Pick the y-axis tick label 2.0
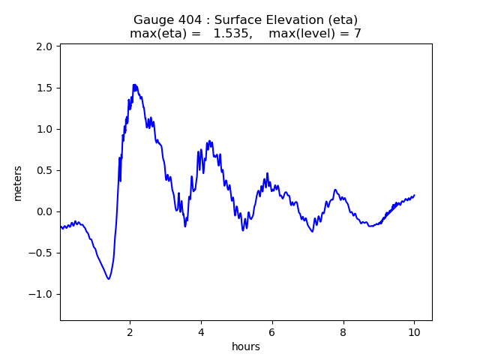pos(44,46)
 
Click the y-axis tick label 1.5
pos(44,88)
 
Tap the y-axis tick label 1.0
pos(44,129)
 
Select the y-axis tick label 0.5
pos(44,170)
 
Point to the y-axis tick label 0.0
pos(44,211)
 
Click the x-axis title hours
pos(246,346)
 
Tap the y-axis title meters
pos(17,183)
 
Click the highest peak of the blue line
pos(134,85)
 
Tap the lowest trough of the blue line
pos(109,279)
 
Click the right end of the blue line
pos(414,195)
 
